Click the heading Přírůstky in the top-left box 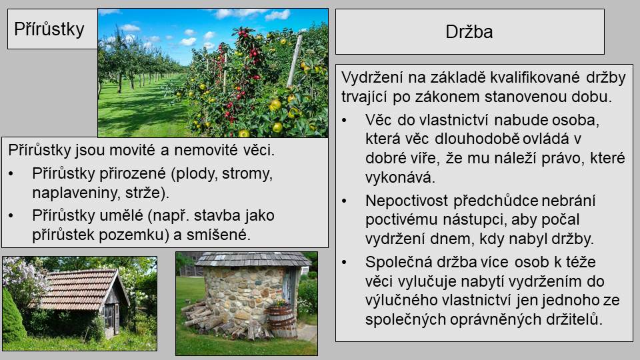(49, 29)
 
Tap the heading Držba (469, 32)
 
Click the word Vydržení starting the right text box (372, 77)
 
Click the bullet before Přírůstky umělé (11, 215)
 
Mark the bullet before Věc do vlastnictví (344, 121)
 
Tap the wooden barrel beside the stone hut (281, 320)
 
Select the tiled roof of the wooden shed (77, 289)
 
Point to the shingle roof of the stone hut (253, 259)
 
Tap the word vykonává (400, 177)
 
